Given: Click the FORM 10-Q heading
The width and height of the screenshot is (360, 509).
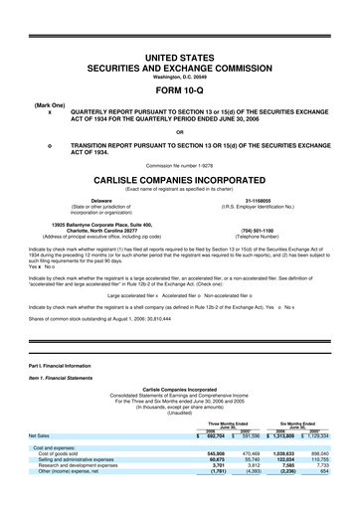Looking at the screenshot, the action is click(180, 86).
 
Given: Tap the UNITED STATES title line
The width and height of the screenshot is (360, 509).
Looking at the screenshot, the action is click(180, 60).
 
